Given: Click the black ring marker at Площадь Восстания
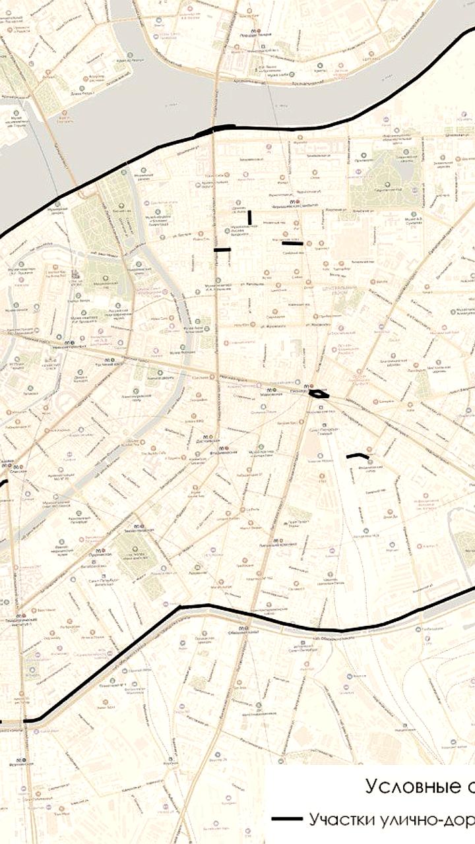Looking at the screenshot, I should [319, 394].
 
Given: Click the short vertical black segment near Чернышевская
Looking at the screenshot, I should [249, 217].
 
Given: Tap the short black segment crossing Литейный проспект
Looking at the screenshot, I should [222, 250].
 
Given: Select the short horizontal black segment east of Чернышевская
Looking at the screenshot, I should [292, 243].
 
